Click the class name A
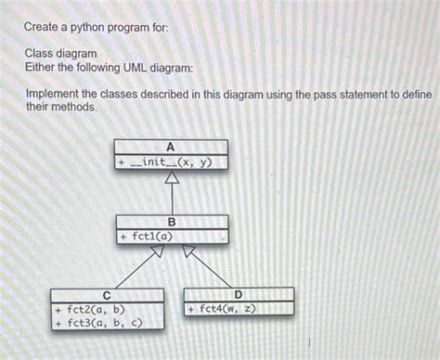(x=171, y=147)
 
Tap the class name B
(x=172, y=222)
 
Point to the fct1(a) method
(x=152, y=237)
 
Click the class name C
(x=108, y=295)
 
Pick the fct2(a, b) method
(x=96, y=309)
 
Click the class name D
(x=239, y=294)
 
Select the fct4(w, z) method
(x=226, y=308)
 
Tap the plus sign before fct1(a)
(x=123, y=237)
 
